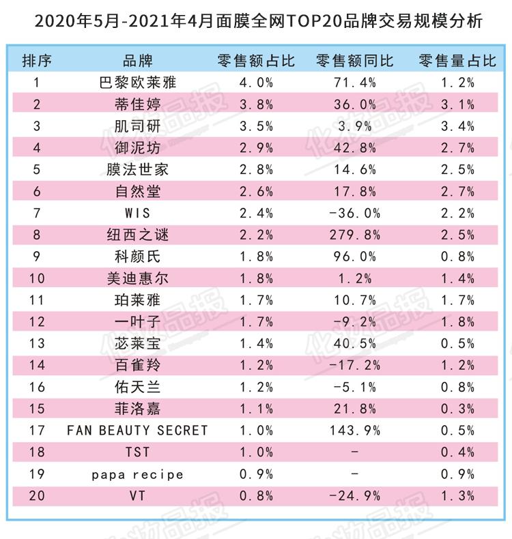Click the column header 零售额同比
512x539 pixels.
click(x=355, y=61)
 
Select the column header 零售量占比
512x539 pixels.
click(x=457, y=61)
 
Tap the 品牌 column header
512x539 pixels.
click(x=137, y=61)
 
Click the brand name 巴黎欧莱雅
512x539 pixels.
click(x=137, y=83)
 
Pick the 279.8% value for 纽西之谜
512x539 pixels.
click(x=355, y=235)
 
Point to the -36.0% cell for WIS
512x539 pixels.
click(x=355, y=214)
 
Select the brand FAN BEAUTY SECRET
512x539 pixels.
click(x=137, y=431)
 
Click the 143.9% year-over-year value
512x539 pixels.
click(x=355, y=431)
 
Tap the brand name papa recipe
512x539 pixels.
click(x=137, y=474)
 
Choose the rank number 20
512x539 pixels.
click(x=37, y=496)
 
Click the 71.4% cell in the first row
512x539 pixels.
click(x=355, y=83)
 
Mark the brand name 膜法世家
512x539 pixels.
click(x=137, y=170)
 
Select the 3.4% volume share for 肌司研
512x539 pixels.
click(x=457, y=126)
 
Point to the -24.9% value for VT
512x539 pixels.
click(x=355, y=496)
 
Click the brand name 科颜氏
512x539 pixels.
click(x=137, y=257)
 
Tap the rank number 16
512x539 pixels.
click(x=37, y=387)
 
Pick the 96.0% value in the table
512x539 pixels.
click(x=355, y=257)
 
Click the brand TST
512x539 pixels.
click(x=137, y=452)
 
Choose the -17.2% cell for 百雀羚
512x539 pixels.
click(x=355, y=365)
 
